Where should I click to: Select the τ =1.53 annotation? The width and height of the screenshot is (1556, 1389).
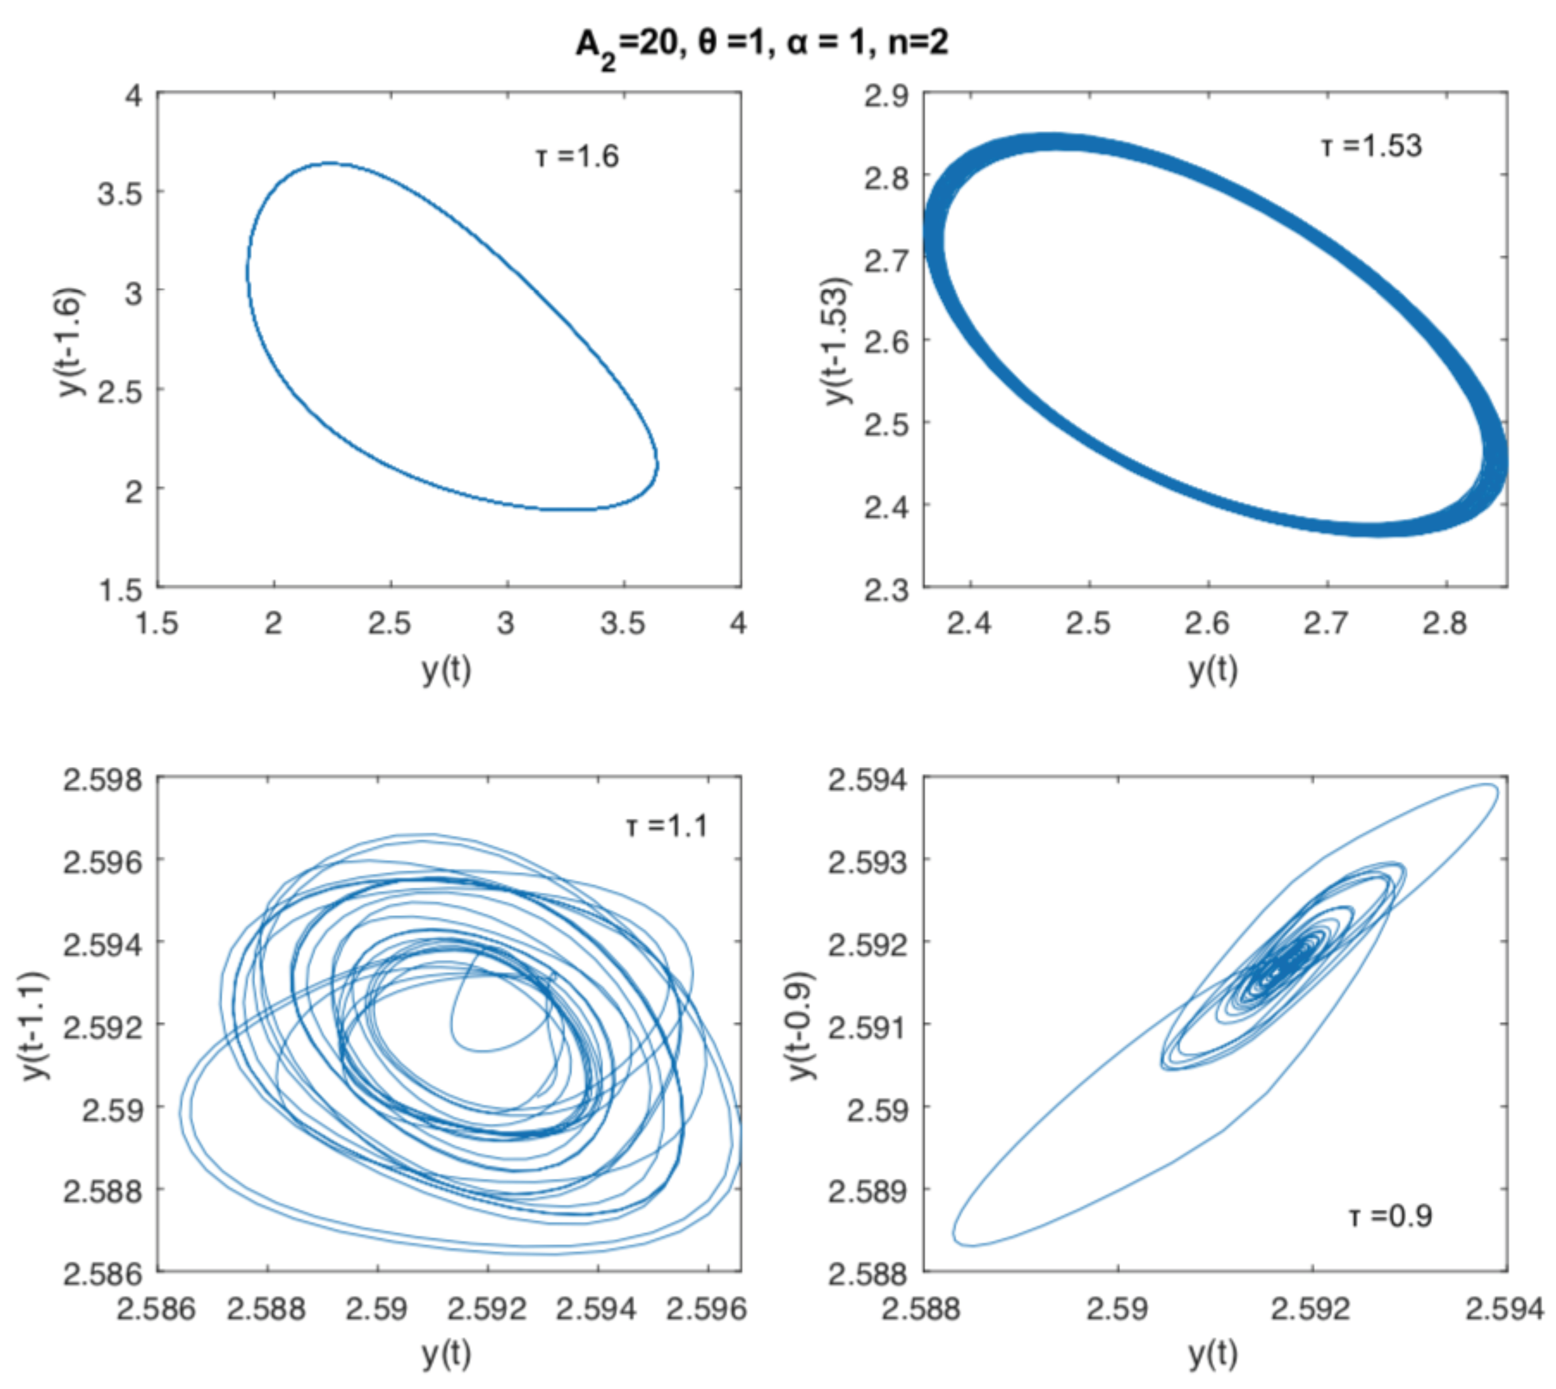pos(1371,146)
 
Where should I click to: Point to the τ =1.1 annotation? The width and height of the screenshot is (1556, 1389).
pos(667,826)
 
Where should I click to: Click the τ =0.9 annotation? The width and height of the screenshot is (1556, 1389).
pos(1391,1216)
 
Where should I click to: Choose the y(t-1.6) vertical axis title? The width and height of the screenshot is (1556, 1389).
pos(72,341)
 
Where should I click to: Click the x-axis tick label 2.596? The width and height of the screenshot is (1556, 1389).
pos(706,1309)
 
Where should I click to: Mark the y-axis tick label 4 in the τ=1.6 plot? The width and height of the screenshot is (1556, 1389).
pos(134,96)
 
